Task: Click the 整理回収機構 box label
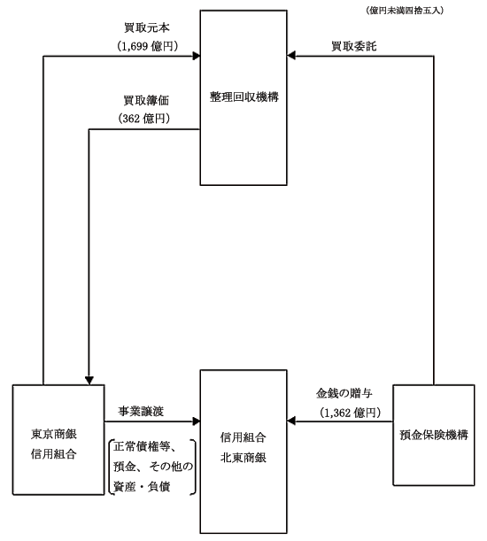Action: tap(244, 97)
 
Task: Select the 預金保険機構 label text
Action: tap(434, 435)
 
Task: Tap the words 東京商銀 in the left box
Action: tap(54, 434)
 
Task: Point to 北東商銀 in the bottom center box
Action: tap(243, 458)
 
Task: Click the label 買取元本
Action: tap(147, 27)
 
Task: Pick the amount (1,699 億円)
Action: tap(148, 46)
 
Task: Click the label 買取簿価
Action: tap(146, 100)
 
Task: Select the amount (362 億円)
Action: tap(144, 119)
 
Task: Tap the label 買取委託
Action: tap(354, 46)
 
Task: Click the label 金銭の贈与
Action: tap(344, 393)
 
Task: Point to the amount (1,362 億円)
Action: tap(350, 413)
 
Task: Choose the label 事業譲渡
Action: tap(141, 411)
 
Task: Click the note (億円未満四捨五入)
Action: tap(405, 11)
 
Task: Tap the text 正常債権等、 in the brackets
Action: tap(145, 446)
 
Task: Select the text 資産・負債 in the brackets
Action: tap(142, 486)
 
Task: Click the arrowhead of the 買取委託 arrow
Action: tap(291, 56)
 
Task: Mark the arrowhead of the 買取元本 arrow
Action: tap(197, 56)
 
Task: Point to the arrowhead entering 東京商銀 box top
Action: tap(89, 381)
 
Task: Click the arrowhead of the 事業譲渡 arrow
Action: tap(197, 421)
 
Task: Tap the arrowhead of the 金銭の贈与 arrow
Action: tap(291, 421)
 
